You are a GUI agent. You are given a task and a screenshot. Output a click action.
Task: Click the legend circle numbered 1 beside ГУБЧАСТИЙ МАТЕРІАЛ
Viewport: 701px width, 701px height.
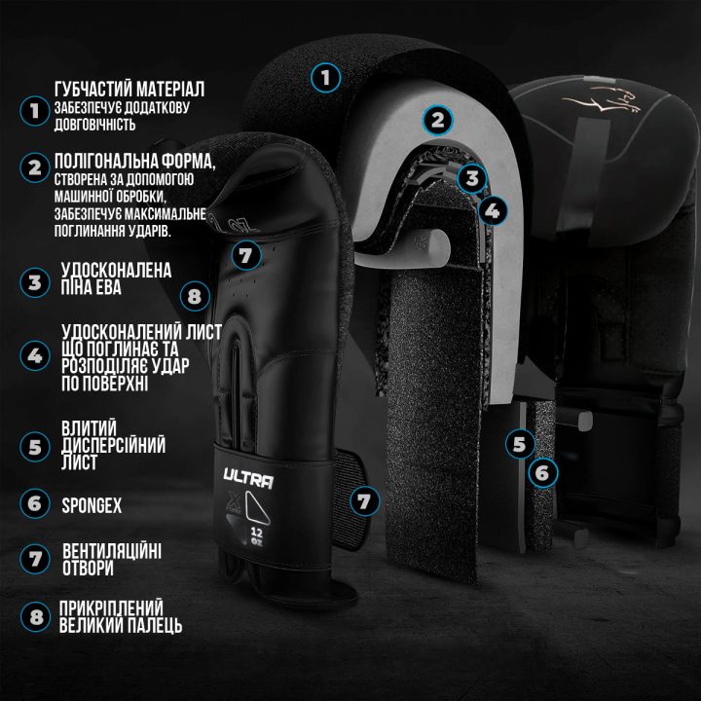(34, 111)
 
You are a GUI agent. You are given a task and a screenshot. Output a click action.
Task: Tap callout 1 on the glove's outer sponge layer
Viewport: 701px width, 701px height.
(325, 78)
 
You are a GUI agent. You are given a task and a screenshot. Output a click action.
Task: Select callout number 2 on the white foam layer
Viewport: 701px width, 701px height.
(437, 120)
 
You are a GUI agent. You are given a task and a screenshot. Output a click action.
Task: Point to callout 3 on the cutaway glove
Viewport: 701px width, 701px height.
(472, 178)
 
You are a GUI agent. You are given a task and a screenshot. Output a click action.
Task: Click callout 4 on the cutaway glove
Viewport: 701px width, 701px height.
(493, 210)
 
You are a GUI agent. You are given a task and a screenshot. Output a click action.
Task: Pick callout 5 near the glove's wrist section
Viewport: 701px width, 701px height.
(520, 444)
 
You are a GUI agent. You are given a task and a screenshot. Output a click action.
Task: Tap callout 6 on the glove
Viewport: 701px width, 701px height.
(542, 472)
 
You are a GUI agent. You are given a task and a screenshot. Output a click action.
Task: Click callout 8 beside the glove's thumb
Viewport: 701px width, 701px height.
(195, 296)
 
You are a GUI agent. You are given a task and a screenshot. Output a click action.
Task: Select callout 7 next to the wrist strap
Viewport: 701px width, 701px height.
(364, 501)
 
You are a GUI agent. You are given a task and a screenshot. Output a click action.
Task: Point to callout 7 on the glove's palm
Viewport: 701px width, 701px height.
(245, 256)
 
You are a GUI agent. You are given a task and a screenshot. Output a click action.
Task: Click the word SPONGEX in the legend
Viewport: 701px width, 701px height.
(92, 505)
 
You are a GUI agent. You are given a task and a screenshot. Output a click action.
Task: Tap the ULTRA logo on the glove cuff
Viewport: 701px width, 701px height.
(248, 479)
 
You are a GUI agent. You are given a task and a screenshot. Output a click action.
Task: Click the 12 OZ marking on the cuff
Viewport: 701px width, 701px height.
(257, 536)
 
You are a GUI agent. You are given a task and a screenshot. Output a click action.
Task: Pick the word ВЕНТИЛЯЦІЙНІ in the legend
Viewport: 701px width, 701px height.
(112, 551)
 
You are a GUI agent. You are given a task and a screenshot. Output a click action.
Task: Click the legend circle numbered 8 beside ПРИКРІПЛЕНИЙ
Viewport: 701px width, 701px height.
(35, 617)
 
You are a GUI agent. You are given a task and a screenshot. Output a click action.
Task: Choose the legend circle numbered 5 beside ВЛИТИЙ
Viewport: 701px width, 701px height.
(35, 447)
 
